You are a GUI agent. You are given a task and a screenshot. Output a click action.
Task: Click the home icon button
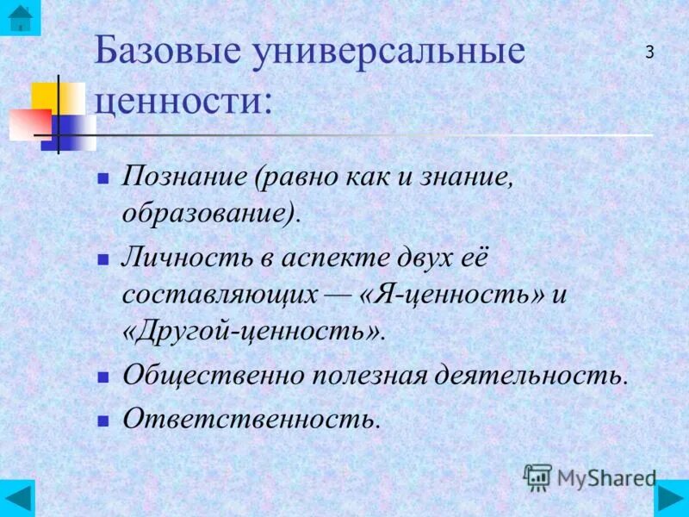(x=19, y=18)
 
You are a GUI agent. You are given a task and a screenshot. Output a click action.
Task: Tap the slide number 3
(x=649, y=52)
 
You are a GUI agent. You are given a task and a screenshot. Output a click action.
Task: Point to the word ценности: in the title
(x=183, y=103)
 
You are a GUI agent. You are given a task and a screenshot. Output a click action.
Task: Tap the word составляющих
(x=220, y=295)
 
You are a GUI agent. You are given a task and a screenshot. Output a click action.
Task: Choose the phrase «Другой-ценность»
(x=253, y=333)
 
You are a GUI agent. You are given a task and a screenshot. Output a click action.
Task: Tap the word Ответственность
(x=250, y=420)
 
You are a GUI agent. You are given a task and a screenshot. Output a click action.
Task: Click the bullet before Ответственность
(x=102, y=421)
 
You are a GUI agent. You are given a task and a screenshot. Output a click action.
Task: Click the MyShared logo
(x=590, y=477)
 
